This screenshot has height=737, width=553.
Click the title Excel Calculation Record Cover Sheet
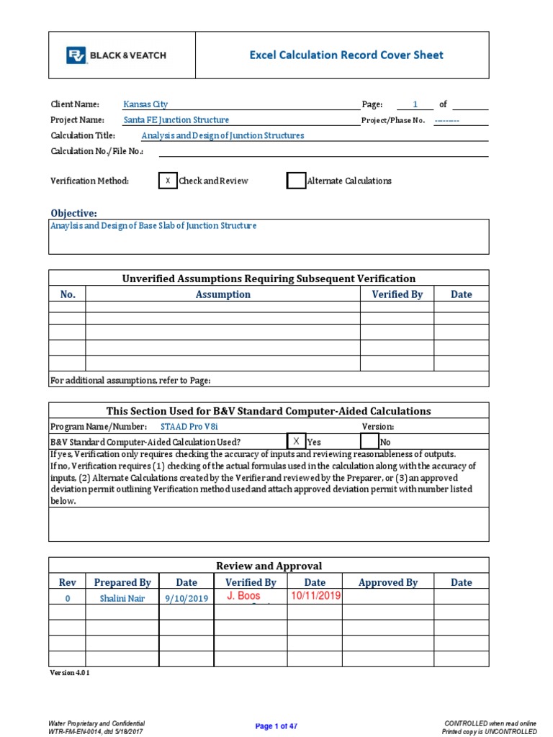pyautogui.click(x=346, y=55)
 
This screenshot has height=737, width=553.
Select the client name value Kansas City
pyautogui.click(x=145, y=104)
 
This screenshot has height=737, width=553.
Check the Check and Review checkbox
pyautogui.click(x=167, y=181)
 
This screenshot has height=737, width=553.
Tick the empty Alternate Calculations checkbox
pyautogui.click(x=296, y=181)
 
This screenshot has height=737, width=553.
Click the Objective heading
pyautogui.click(x=73, y=213)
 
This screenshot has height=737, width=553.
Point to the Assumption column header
pyautogui.click(x=222, y=294)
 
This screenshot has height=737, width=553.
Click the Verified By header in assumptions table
pyautogui.click(x=397, y=294)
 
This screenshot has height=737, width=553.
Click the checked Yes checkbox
pyautogui.click(x=296, y=441)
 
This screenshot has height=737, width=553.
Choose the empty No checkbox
pyautogui.click(x=369, y=441)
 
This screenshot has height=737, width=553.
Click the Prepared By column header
pyautogui.click(x=122, y=582)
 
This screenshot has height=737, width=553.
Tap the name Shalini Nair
pyautogui.click(x=122, y=598)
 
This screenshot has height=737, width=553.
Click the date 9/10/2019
pyautogui.click(x=186, y=598)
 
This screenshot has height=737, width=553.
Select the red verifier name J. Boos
pyautogui.click(x=243, y=596)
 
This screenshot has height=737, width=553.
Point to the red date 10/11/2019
pyautogui.click(x=315, y=596)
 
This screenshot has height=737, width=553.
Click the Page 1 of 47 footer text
pyautogui.click(x=276, y=726)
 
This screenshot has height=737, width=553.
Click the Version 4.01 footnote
pyautogui.click(x=69, y=672)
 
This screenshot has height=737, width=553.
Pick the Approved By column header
pyautogui.click(x=387, y=582)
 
